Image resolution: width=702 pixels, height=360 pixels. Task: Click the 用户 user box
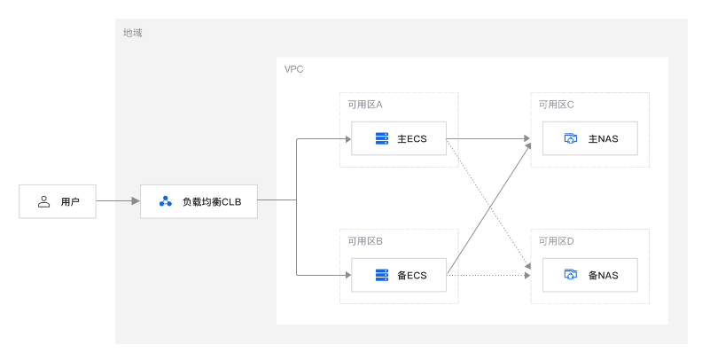click(x=58, y=202)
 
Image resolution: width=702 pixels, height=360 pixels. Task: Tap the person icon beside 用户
click(x=43, y=202)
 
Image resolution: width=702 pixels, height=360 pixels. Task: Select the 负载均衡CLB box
click(x=199, y=202)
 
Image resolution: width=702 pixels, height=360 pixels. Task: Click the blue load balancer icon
click(x=165, y=202)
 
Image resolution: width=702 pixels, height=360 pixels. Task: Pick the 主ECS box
click(x=398, y=138)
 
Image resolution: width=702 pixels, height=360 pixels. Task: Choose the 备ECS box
click(x=398, y=275)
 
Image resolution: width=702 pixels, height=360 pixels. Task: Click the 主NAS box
click(x=589, y=138)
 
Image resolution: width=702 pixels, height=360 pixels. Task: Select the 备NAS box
click(x=589, y=275)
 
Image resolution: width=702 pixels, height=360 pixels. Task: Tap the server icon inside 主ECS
click(x=382, y=138)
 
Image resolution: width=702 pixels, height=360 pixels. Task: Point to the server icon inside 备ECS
click(x=382, y=275)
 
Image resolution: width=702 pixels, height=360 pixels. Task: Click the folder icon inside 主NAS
click(x=571, y=138)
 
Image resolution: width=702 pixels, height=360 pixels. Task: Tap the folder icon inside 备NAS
click(x=571, y=275)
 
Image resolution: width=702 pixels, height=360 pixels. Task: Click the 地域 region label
click(x=132, y=33)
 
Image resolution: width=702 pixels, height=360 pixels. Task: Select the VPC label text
click(x=293, y=69)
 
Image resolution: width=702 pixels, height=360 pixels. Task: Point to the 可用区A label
click(x=364, y=104)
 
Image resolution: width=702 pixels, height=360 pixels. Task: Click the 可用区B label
click(x=364, y=240)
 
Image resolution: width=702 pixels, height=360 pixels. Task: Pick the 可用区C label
click(x=556, y=104)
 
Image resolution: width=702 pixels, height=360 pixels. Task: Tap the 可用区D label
click(x=556, y=240)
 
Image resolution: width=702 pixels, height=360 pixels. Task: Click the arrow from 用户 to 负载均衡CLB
click(x=117, y=201)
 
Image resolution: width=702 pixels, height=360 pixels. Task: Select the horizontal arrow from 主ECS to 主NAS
click(x=487, y=138)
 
